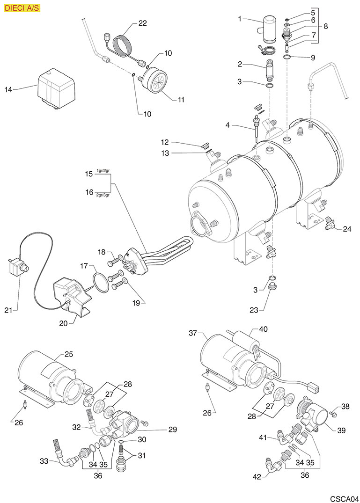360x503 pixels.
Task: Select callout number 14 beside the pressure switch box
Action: (x=8, y=89)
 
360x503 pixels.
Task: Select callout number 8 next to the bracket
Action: (x=325, y=26)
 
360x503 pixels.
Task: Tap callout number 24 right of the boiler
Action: (x=346, y=229)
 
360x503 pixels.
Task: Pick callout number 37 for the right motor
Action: (x=193, y=334)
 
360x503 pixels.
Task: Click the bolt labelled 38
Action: (x=333, y=414)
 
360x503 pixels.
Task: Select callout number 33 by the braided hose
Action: (x=44, y=461)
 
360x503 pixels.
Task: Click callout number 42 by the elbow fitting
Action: (x=257, y=477)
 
